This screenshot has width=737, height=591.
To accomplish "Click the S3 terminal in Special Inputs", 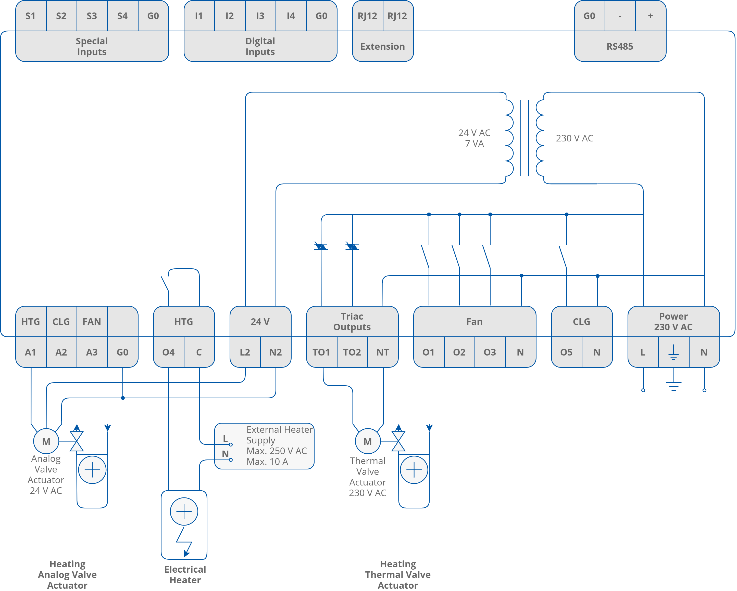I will [x=92, y=16].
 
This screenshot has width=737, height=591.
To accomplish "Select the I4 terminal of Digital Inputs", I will [x=291, y=16].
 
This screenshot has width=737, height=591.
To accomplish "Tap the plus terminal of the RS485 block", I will [x=650, y=16].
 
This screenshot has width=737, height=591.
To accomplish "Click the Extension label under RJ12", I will [x=382, y=46].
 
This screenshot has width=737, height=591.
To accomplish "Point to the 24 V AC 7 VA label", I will [x=474, y=138].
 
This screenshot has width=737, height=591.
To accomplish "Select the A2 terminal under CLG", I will [x=61, y=352].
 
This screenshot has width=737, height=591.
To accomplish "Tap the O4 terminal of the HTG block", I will [x=168, y=352].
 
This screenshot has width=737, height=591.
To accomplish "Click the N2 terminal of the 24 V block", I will [x=276, y=352].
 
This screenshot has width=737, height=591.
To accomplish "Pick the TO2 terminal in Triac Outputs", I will [x=352, y=352].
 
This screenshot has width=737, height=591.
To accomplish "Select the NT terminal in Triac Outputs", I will [x=382, y=352].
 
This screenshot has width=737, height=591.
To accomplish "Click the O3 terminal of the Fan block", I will [x=490, y=352].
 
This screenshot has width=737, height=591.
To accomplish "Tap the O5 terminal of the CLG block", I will [x=566, y=352].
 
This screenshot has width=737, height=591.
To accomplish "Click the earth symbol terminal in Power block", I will [x=673, y=352].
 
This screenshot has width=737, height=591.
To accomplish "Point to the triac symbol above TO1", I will [x=321, y=246].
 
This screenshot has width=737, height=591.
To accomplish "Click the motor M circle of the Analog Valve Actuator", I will [x=46, y=441].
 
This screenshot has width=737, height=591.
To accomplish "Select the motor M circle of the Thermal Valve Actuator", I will [x=367, y=441].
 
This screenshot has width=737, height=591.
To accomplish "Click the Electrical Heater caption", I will [x=185, y=575].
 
